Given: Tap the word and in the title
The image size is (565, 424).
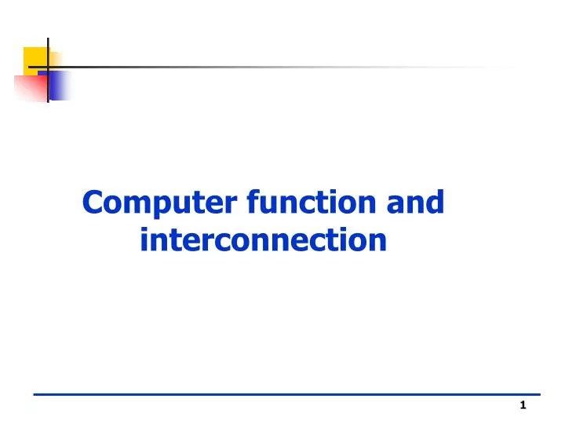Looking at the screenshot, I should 415,203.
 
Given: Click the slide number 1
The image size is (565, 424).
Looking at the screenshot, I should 523,405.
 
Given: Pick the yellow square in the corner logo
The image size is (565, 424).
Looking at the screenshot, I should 35,59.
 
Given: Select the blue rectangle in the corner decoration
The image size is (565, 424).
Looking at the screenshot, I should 60,85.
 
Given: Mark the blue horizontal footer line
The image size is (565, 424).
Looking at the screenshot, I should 286,393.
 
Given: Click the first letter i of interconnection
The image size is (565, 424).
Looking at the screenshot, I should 144,239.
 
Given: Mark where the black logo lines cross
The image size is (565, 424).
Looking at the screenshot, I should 48,68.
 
